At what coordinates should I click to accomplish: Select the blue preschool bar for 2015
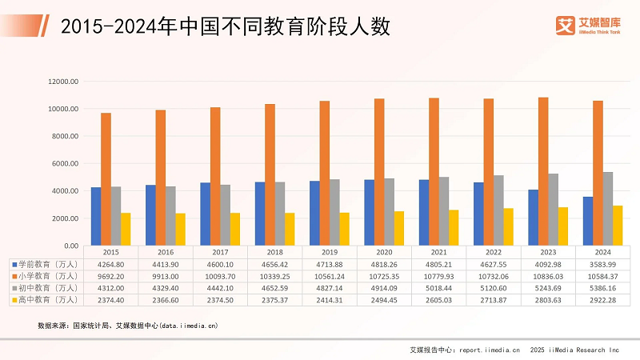96,216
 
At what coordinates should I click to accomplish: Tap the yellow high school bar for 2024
618,226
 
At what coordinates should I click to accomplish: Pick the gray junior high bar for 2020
390,212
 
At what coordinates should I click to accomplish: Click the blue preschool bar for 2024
587,221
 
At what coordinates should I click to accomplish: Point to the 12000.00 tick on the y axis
62,81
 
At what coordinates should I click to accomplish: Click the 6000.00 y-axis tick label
64,163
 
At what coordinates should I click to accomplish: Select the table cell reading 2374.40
111,299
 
